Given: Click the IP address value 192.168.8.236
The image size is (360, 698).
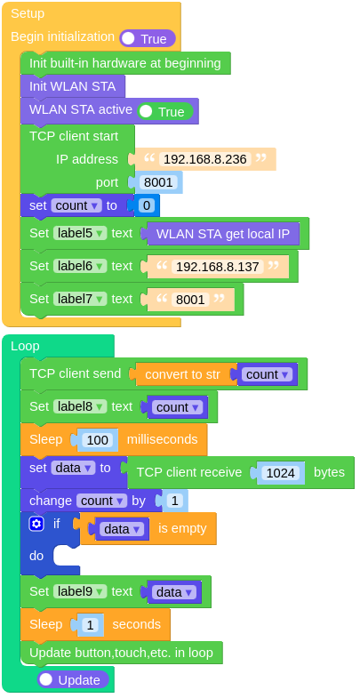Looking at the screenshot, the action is pyautogui.click(x=205, y=159).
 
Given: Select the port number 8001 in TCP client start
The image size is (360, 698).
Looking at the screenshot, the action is pyautogui.click(x=158, y=182).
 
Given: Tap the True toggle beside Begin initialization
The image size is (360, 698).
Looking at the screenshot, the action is pyautogui.click(x=148, y=39).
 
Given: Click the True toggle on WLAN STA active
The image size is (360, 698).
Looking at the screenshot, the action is pyautogui.click(x=165, y=112).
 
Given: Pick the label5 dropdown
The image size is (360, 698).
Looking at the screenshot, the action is pyautogui.click(x=80, y=233).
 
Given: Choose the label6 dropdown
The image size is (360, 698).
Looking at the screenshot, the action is pyautogui.click(x=80, y=266).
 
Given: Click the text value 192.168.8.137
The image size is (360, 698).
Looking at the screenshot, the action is pyautogui.click(x=218, y=266).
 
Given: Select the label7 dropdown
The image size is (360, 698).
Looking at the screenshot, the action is pyautogui.click(x=80, y=299).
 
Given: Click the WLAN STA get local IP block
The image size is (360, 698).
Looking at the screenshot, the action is pyautogui.click(x=223, y=233).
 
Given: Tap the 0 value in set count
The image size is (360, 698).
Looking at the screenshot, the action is pyautogui.click(x=146, y=205).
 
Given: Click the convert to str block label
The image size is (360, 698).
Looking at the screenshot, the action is pyautogui.click(x=182, y=374).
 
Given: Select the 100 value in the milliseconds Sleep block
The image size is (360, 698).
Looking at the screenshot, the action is pyautogui.click(x=98, y=440).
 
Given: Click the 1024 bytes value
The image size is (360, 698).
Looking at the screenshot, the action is pyautogui.click(x=281, y=473).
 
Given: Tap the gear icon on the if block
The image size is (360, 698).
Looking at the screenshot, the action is pyautogui.click(x=36, y=524).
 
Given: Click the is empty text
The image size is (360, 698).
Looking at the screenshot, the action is pyautogui.click(x=182, y=528).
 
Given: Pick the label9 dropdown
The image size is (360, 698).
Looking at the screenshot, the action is pyautogui.click(x=80, y=591).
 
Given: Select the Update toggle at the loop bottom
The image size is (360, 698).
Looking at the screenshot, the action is pyautogui.click(x=73, y=679).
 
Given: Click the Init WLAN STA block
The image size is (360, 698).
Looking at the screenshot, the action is pyautogui.click(x=73, y=86).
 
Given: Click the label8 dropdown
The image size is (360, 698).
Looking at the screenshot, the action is pyautogui.click(x=80, y=406).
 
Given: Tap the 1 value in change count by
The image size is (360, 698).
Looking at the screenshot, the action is pyautogui.click(x=174, y=501).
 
